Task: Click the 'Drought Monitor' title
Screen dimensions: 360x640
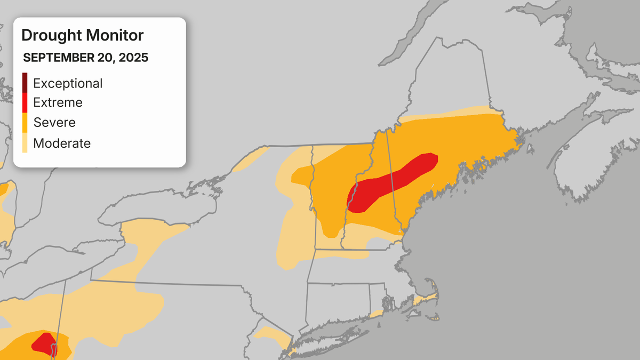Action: pos(82,36)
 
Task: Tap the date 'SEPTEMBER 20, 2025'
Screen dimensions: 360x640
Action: pos(85,58)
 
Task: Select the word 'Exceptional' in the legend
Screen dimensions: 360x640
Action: pos(68,83)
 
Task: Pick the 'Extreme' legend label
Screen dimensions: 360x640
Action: pos(58,102)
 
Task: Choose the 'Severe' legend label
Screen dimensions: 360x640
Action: pos(54,122)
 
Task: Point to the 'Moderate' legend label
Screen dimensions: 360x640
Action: pos(62,143)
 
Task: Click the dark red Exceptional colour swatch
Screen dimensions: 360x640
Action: pos(25,82)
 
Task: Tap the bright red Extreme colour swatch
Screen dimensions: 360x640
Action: pos(25,102)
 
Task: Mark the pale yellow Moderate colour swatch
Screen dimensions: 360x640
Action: pos(25,143)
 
